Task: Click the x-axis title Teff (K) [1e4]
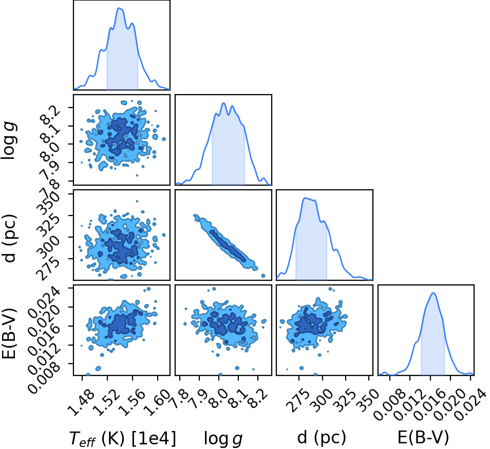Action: click(x=122, y=438)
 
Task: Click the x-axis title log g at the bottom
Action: click(x=223, y=438)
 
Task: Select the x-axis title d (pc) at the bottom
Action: click(x=322, y=437)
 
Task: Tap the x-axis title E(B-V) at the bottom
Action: click(x=423, y=437)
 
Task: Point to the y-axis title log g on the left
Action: click(x=8, y=141)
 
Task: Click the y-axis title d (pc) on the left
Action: click(x=9, y=238)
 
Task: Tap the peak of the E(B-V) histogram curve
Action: click(x=434, y=293)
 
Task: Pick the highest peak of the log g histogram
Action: click(x=223, y=103)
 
